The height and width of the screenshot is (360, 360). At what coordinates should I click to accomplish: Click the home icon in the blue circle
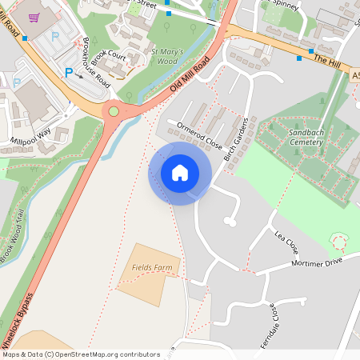[x=180, y=172]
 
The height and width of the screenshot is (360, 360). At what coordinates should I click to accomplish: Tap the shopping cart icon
[x=34, y=17]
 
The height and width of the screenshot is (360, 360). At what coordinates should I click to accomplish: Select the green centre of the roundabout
[x=114, y=111]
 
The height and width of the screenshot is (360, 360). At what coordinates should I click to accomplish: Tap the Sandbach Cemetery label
[x=296, y=138]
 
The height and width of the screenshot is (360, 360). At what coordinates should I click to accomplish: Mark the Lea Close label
[x=286, y=238]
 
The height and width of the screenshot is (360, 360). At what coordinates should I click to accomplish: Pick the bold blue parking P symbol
[x=69, y=72]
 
